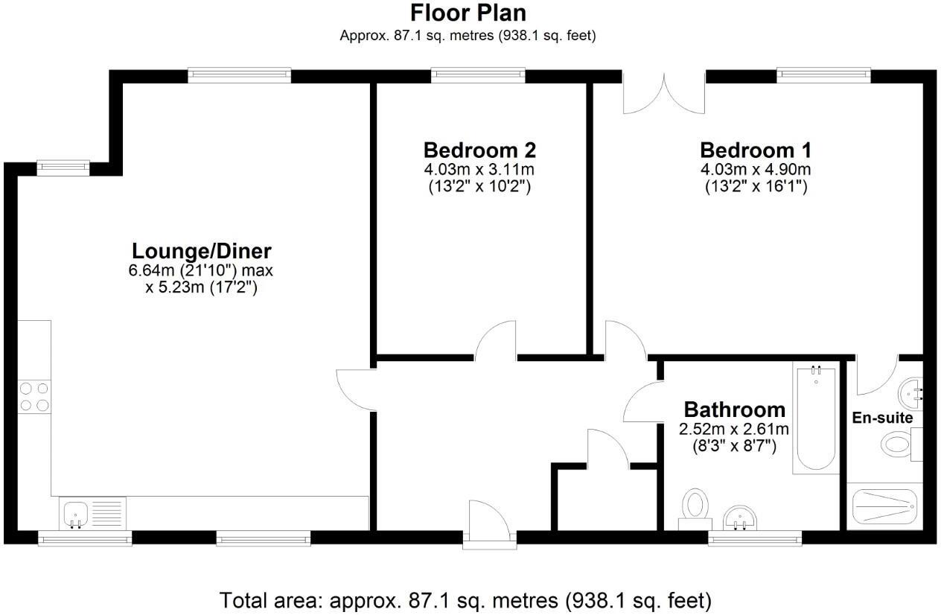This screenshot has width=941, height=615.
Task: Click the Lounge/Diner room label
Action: [x=202, y=251]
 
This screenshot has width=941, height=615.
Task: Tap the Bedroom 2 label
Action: [x=479, y=150]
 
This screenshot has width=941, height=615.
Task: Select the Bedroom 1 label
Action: [x=756, y=150]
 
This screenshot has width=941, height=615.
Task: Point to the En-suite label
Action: [x=882, y=418]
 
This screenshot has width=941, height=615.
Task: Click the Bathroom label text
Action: [x=734, y=410]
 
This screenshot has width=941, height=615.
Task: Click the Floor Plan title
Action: [x=468, y=13]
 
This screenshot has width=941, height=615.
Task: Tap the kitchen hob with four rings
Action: [x=34, y=397]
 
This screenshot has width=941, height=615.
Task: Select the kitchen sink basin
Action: [x=76, y=513]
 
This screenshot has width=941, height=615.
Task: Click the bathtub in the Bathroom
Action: [x=816, y=418]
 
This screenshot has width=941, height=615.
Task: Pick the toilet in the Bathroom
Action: [x=695, y=509]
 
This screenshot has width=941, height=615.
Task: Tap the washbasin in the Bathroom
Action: [x=740, y=518]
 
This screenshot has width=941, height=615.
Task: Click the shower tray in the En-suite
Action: [x=884, y=506]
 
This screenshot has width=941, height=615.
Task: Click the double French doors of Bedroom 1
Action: [x=664, y=93]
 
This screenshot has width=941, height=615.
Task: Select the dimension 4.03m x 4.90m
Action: [x=756, y=169]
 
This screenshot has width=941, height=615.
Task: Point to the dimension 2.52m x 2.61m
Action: [x=734, y=429]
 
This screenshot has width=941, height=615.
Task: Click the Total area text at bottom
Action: [x=465, y=600]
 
